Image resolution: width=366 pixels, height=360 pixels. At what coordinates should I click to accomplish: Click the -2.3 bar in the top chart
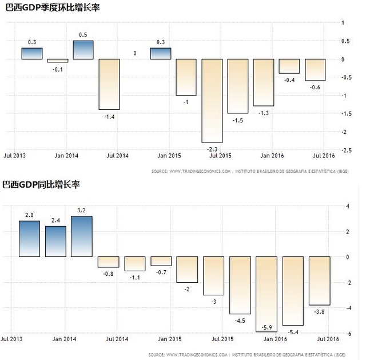point(212,101)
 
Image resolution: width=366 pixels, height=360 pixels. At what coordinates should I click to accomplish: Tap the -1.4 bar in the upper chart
point(109,84)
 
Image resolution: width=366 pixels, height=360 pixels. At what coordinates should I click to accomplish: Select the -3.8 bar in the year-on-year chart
point(320,281)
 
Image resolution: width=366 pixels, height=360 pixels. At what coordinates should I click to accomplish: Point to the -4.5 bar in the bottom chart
point(241,285)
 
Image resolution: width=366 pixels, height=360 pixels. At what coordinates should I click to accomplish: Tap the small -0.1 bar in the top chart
point(57,61)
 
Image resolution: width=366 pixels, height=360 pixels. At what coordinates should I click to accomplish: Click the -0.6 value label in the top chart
point(315,88)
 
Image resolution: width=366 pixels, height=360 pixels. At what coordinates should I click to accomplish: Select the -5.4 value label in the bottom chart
point(293,331)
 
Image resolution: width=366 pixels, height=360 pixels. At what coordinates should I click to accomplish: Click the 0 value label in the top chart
point(135,53)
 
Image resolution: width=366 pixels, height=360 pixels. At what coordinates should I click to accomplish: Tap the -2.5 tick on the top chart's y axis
point(347,151)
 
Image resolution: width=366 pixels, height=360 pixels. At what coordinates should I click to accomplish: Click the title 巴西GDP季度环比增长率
point(42,7)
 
